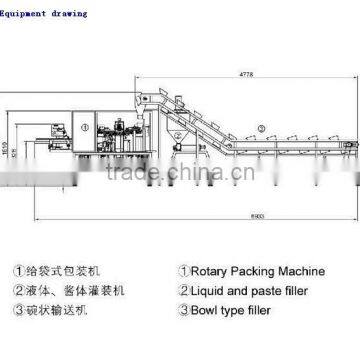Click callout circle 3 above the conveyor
(259, 127)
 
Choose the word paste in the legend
(271, 289)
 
